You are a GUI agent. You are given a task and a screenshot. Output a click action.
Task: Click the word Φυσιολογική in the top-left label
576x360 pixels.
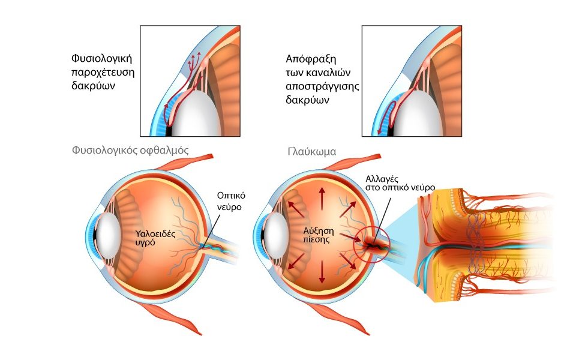click(x=100, y=59)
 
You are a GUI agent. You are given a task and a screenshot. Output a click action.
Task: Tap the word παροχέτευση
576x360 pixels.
click(x=100, y=72)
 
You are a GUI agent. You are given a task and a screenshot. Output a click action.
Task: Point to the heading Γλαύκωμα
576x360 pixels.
click(x=311, y=152)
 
